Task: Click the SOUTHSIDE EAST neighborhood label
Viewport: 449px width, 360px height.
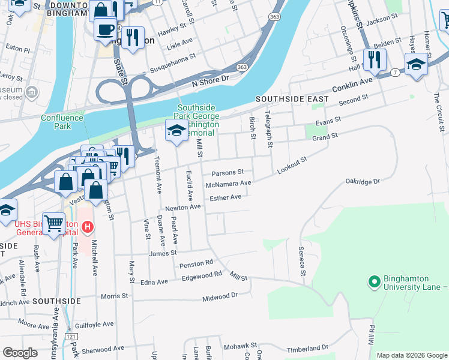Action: point(292,98)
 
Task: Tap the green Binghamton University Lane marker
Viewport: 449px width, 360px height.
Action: point(375,281)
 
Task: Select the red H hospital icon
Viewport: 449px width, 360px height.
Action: point(88,227)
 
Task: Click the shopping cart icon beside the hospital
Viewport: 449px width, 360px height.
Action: point(54,224)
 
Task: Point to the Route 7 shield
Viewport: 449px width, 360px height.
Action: point(395,72)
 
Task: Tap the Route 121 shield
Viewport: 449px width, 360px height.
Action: point(72,338)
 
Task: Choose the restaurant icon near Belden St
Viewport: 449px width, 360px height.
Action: point(375,59)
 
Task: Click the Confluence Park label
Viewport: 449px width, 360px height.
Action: point(62,122)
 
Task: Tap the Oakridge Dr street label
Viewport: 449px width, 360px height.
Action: point(363,181)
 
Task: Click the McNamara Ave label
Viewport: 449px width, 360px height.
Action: point(228,184)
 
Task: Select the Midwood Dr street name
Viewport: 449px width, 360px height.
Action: point(220,296)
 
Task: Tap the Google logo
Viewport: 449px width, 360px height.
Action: point(20,353)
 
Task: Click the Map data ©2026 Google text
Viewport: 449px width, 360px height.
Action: point(411,355)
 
